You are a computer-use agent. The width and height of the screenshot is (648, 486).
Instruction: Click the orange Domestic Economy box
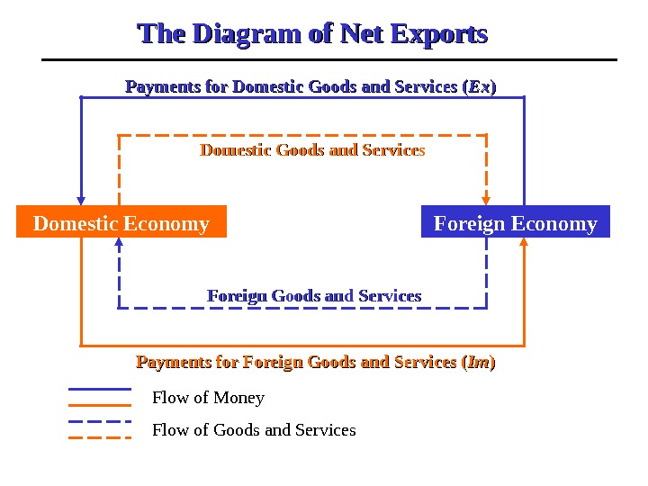121,222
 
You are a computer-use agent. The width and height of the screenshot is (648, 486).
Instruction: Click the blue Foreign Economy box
515,222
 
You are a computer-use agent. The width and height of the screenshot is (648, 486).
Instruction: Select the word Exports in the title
440,35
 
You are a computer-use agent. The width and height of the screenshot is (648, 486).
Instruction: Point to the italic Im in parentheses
478,363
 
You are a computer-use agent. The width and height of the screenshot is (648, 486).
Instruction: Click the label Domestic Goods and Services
311,149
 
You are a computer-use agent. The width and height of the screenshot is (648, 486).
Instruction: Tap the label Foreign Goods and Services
314,296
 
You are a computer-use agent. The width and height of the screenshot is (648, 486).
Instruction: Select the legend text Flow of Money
208,398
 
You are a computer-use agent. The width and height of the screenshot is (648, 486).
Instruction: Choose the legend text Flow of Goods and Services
254,430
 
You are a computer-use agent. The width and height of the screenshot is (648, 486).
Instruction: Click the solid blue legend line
100,390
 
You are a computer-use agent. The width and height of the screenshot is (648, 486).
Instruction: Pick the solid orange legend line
100,405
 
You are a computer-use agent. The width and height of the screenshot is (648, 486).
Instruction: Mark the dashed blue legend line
100,421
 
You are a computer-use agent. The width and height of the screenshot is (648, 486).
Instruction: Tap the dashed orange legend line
100,437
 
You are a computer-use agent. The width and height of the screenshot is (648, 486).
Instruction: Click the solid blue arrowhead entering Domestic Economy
82,201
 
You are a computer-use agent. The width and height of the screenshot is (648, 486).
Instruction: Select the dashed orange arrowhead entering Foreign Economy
487,201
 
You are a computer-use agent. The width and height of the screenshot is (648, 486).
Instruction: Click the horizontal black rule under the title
329,60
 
